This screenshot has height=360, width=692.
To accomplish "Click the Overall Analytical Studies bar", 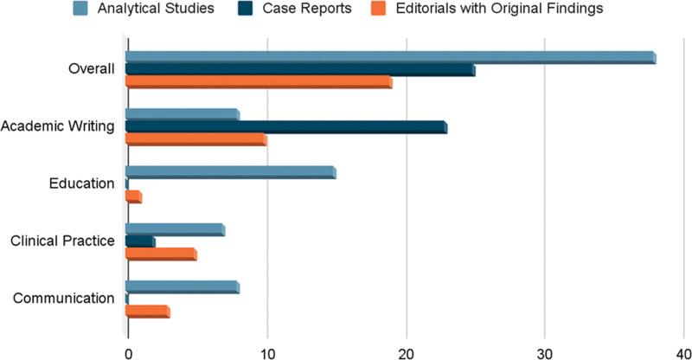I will coord(390,57).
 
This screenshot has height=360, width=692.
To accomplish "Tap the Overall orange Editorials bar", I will coord(259,83).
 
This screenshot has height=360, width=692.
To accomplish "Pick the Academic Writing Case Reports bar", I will coord(286,127).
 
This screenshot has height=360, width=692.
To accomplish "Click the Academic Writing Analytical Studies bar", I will coord(183,114).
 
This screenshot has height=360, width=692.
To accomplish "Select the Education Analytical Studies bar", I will coord(231,172).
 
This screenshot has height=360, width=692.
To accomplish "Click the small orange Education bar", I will coord(133,198).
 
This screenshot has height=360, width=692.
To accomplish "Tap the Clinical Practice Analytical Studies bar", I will coord(176,229).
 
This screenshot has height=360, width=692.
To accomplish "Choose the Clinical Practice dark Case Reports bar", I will coord(140,241).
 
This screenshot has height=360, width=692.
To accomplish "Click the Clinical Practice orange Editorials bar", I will coord(161,254).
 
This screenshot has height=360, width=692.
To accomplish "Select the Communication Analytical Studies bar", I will coord(183,286).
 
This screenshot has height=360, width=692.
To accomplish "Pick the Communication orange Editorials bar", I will coord(148,312).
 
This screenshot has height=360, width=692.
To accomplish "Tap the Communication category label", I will coord(64,299).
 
